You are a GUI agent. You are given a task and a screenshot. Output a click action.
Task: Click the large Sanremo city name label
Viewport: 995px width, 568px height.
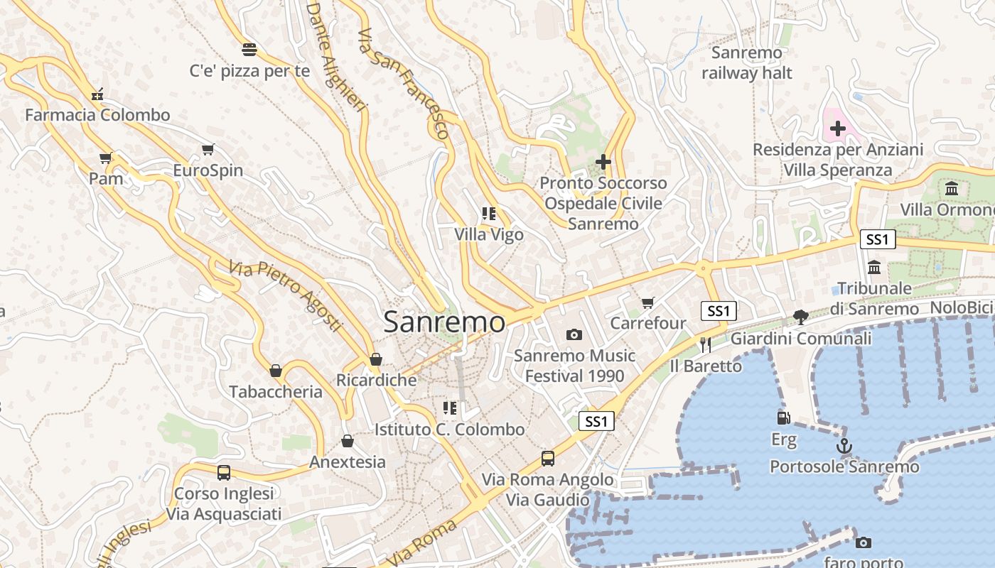click(444, 322)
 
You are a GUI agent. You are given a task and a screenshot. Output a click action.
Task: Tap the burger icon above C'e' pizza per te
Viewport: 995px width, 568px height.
click(249, 49)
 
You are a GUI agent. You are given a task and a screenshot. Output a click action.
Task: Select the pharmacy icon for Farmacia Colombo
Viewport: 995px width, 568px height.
click(97, 94)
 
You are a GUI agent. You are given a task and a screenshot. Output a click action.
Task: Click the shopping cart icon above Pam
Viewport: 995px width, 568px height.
click(106, 158)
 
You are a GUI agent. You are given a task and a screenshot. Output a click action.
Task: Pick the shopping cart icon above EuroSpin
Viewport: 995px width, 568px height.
click(208, 149)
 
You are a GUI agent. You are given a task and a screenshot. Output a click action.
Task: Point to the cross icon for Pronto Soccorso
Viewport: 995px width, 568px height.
click(603, 162)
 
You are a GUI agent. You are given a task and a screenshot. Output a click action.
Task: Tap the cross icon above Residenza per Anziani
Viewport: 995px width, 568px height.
click(838, 129)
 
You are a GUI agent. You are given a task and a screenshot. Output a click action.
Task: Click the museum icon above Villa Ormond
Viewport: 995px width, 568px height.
click(952, 189)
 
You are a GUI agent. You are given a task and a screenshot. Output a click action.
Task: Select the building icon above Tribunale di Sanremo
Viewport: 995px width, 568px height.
click(874, 268)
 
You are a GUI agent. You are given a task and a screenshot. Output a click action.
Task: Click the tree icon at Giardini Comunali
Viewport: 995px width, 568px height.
click(801, 317)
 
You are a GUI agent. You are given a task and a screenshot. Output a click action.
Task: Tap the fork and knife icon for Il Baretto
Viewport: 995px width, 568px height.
click(706, 345)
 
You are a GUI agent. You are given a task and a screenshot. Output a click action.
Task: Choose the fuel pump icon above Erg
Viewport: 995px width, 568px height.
click(783, 419)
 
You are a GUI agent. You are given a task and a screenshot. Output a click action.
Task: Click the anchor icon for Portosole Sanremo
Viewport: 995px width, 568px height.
click(844, 446)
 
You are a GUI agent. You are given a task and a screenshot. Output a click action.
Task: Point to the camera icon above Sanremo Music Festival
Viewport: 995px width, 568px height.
click(574, 334)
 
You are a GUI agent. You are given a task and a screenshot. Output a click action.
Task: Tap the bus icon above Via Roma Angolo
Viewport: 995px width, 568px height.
click(547, 459)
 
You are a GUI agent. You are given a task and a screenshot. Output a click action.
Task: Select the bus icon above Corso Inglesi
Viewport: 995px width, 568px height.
click(223, 472)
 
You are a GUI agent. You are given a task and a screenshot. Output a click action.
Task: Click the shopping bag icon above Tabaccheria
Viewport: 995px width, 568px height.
click(276, 371)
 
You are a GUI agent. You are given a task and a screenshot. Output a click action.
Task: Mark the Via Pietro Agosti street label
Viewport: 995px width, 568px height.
click(285, 295)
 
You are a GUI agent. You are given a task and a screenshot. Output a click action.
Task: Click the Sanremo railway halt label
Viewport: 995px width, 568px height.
click(746, 62)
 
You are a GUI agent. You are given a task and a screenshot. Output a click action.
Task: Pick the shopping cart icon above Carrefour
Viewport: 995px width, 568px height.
click(647, 303)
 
